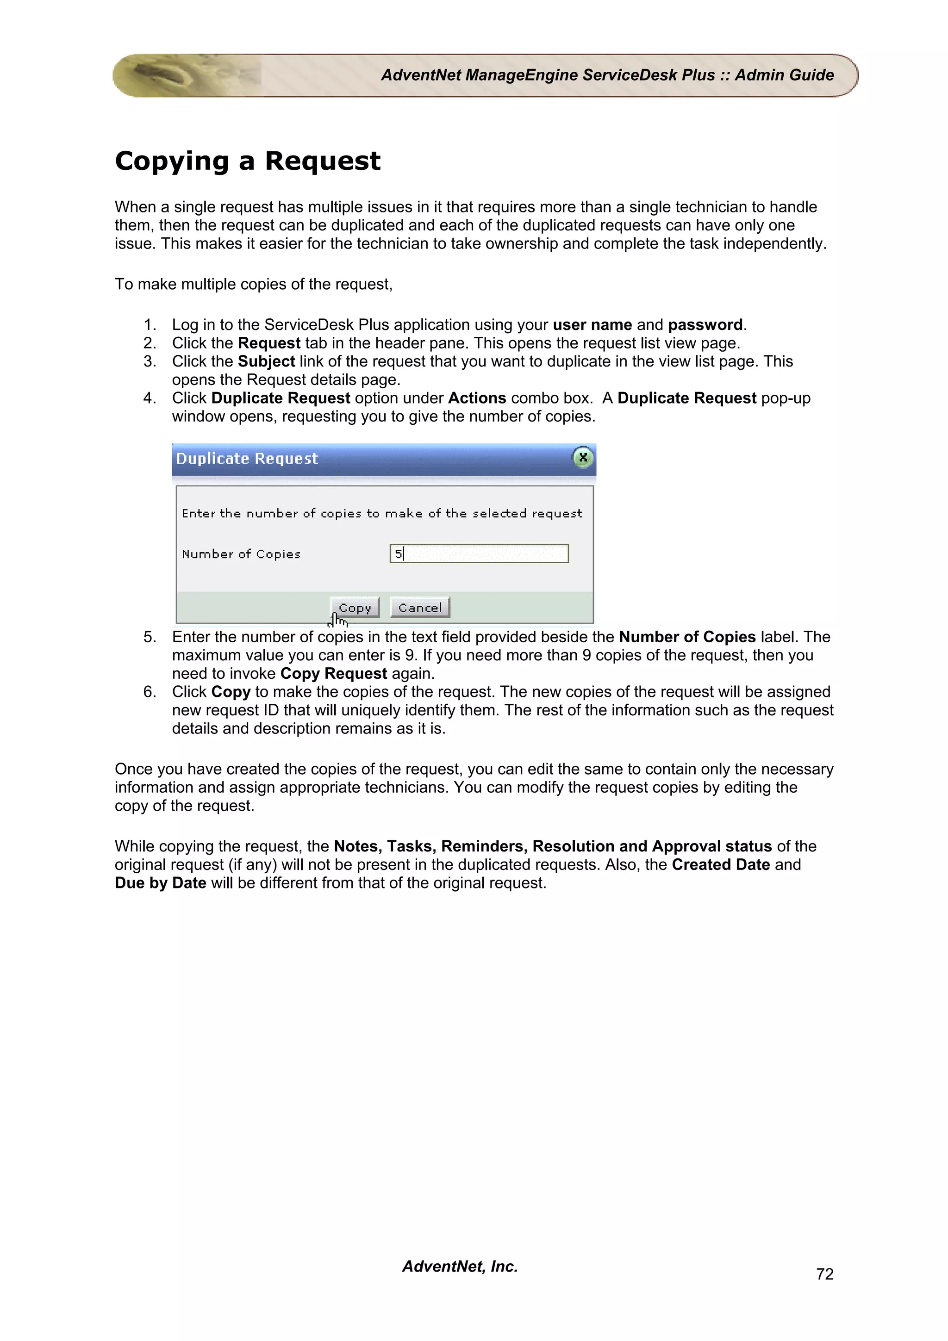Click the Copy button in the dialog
click(355, 608)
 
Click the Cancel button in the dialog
click(419, 608)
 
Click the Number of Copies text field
click(479, 553)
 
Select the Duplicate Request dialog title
click(247, 459)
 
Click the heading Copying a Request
click(247, 161)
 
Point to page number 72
click(824, 1274)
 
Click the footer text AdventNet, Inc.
click(460, 1266)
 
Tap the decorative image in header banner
click(187, 75)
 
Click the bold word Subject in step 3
click(266, 361)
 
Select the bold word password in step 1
click(705, 325)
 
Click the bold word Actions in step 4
click(477, 398)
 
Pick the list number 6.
click(150, 692)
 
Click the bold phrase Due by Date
click(161, 882)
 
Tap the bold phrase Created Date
click(720, 864)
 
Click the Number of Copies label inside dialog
click(241, 554)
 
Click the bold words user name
click(592, 325)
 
